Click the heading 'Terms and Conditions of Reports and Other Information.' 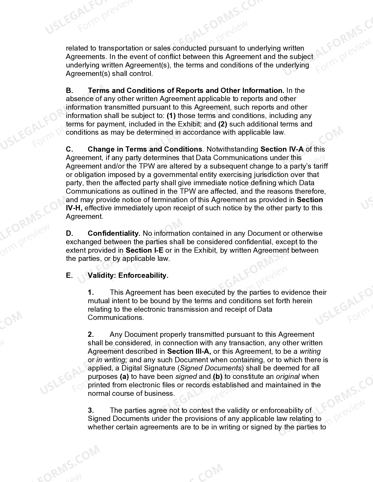click(x=186, y=91)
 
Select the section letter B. click(x=69, y=91)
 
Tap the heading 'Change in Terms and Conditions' click(x=145, y=149)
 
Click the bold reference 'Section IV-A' click(x=282, y=149)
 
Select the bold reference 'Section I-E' click(x=145, y=250)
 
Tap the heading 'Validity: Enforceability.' click(x=128, y=275)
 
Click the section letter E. click(x=69, y=275)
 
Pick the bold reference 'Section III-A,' click(x=189, y=351)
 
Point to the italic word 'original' click(x=288, y=377)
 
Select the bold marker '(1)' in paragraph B click(x=171, y=116)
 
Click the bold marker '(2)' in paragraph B click(x=223, y=124)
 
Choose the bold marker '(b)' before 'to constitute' click(x=218, y=377)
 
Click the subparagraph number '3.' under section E click(x=91, y=410)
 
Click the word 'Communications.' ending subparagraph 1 click(x=116, y=318)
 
